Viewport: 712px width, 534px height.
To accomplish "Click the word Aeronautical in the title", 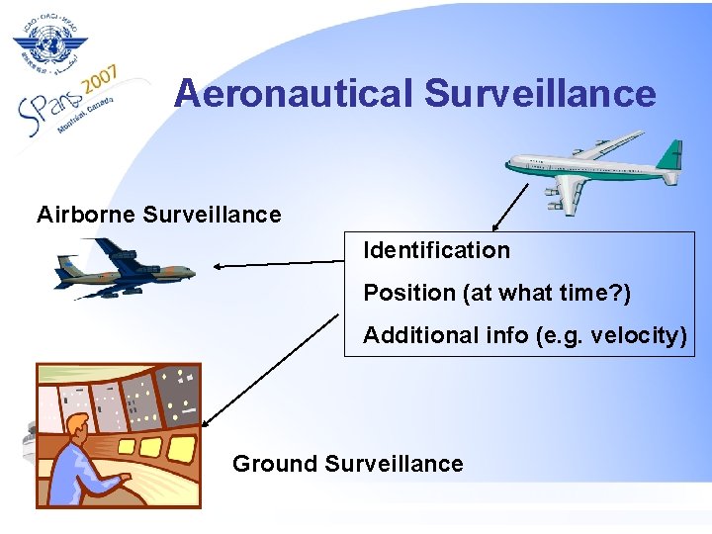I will [x=294, y=94].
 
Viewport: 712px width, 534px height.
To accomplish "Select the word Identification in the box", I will [x=436, y=250].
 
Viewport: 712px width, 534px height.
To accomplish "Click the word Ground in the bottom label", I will [x=274, y=464].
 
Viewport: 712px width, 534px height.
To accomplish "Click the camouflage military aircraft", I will [x=125, y=269].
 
